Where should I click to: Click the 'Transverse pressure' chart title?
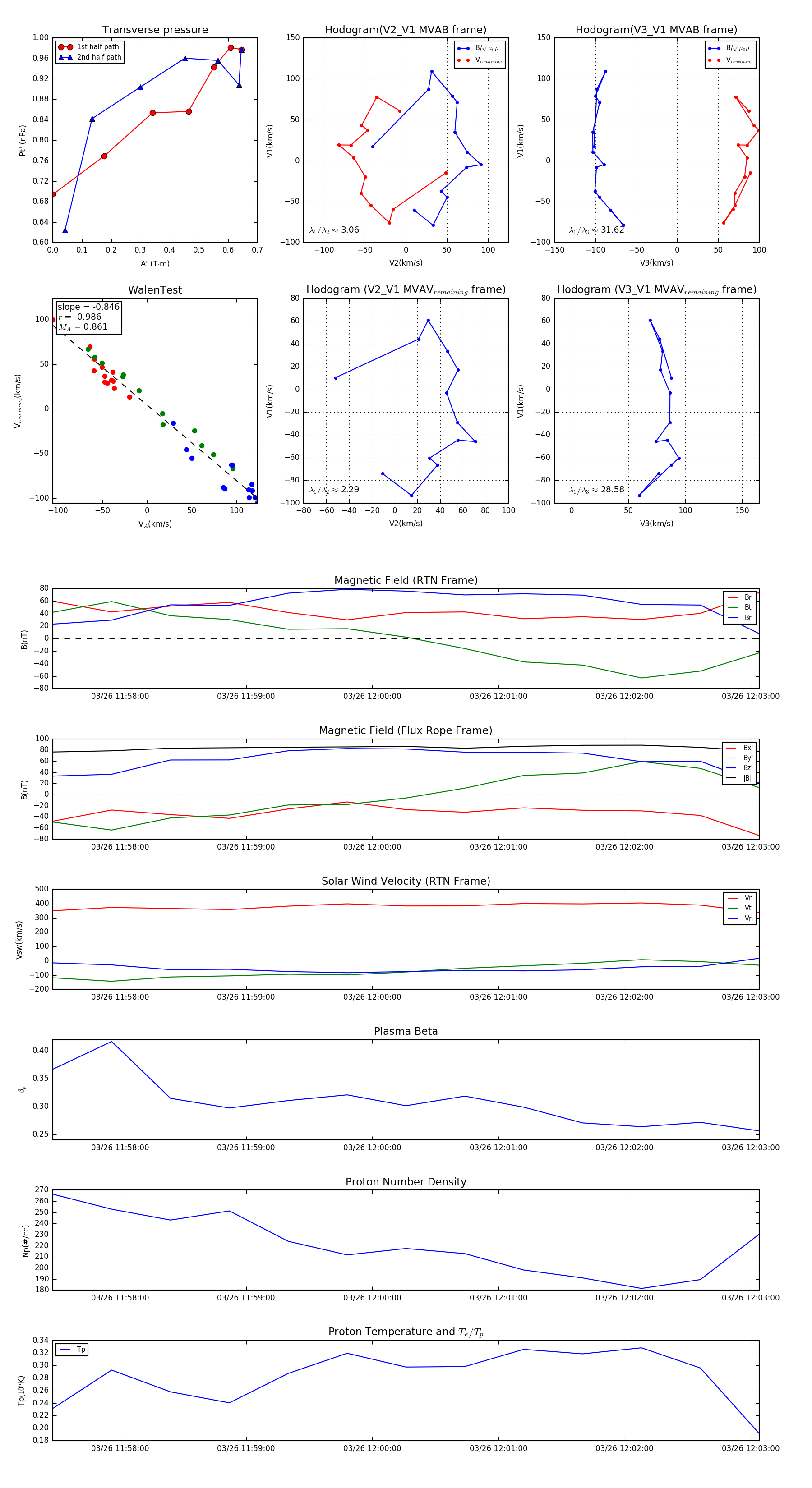[x=155, y=30]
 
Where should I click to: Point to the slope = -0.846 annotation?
[x=88, y=307]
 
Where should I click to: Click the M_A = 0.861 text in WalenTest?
[x=83, y=327]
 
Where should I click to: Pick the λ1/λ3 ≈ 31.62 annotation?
[x=596, y=230]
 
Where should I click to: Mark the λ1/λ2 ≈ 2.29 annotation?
[x=334, y=490]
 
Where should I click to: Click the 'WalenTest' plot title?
[x=155, y=290]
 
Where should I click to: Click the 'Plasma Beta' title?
[x=406, y=1031]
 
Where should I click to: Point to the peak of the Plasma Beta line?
[x=111, y=1042]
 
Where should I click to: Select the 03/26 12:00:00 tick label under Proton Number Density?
[x=372, y=1297]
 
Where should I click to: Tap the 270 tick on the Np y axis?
[x=42, y=1189]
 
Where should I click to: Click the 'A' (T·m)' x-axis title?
[x=155, y=263]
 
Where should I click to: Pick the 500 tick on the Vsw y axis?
[x=42, y=889]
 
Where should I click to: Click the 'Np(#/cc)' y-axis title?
[x=25, y=1240]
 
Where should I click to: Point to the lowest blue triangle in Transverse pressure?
[x=65, y=230]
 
